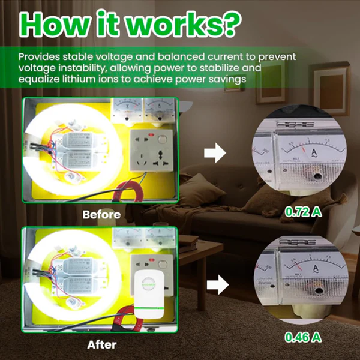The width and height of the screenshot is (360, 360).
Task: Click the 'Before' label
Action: pos(101,214)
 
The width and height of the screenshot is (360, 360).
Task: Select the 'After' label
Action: pos(101,344)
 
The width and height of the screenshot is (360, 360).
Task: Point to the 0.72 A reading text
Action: pos(303,212)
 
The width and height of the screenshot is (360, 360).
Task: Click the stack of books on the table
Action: pos(188,242)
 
